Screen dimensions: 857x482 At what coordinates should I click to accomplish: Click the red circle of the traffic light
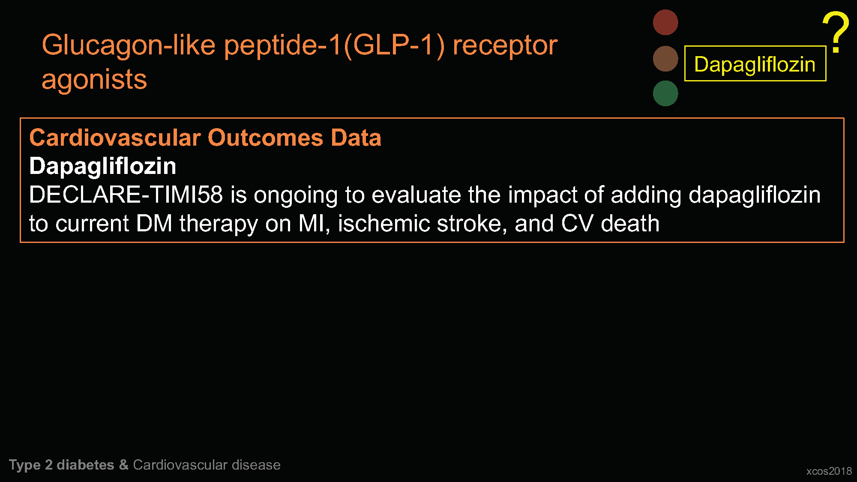665,22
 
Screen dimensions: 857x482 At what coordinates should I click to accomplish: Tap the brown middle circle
665,59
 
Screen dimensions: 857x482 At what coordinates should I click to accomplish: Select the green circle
665,93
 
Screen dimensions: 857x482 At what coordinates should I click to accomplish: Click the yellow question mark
836,32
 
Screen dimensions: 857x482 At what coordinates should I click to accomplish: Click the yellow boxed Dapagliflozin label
755,63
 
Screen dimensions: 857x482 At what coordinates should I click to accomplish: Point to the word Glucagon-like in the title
128,46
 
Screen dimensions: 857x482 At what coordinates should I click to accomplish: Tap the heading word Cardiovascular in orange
115,138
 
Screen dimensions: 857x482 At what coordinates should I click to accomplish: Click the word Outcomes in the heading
266,138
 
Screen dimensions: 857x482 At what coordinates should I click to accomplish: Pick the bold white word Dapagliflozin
103,166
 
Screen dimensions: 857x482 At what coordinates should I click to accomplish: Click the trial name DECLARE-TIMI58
126,195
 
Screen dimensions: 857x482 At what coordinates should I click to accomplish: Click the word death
630,224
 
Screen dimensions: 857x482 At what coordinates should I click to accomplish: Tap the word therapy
219,225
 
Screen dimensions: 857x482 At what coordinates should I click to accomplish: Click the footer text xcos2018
829,471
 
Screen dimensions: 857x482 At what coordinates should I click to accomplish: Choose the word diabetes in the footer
85,465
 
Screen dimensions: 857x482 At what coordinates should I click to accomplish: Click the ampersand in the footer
124,465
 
